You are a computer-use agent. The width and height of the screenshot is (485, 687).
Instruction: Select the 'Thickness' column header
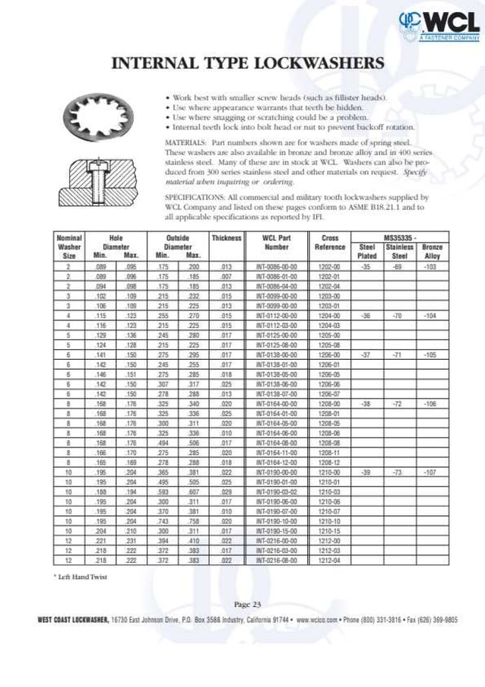226,238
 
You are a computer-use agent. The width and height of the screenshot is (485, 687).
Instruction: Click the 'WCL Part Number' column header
276,243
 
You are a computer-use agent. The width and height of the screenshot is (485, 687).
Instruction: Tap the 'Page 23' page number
246,604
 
